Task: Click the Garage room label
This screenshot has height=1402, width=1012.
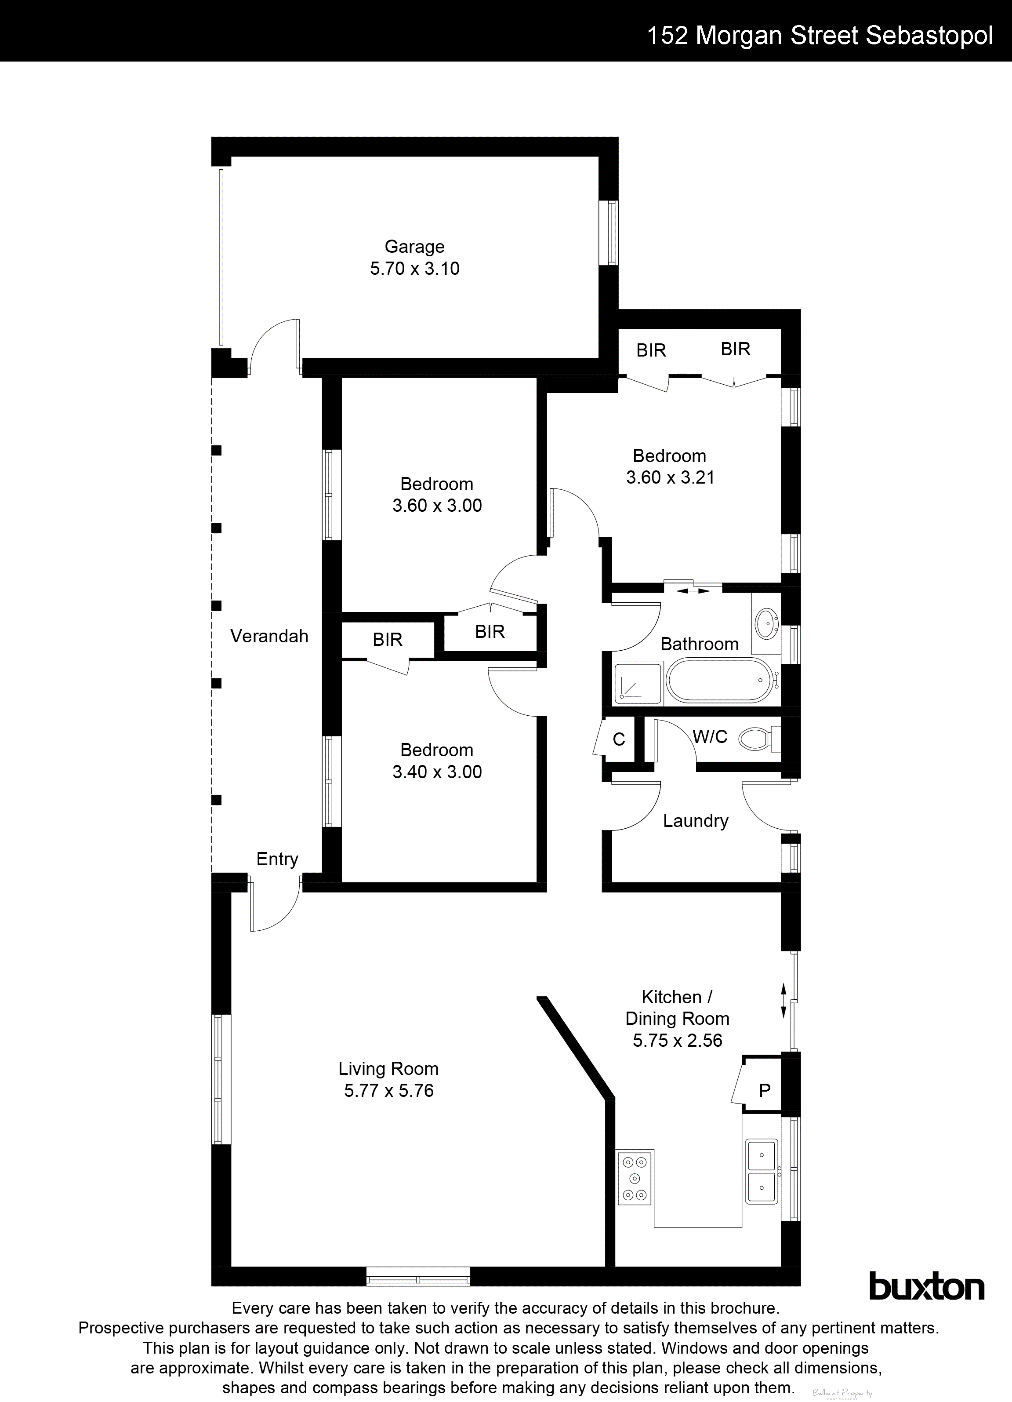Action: pyautogui.click(x=414, y=247)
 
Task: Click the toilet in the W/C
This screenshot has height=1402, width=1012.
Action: pyautogui.click(x=756, y=737)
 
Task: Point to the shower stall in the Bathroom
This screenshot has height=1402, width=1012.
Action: pyautogui.click(x=638, y=682)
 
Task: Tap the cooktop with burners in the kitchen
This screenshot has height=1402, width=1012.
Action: pyautogui.click(x=635, y=1178)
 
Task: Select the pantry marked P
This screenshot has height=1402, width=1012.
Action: pyautogui.click(x=764, y=1090)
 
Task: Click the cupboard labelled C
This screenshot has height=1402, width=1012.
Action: pyautogui.click(x=618, y=739)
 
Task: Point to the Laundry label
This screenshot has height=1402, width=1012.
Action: pyautogui.click(x=695, y=821)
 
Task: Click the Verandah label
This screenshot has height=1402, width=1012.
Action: pyautogui.click(x=269, y=636)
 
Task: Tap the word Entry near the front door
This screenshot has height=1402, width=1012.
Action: pyautogui.click(x=277, y=859)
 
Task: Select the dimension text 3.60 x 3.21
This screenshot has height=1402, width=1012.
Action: pyautogui.click(x=670, y=477)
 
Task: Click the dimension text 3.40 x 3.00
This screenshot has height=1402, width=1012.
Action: pyautogui.click(x=437, y=772)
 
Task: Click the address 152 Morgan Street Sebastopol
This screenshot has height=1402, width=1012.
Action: pyautogui.click(x=819, y=36)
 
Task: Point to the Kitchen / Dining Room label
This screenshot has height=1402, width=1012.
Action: pyautogui.click(x=677, y=1008)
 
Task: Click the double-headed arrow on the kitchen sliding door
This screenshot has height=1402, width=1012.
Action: pyautogui.click(x=783, y=1000)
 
